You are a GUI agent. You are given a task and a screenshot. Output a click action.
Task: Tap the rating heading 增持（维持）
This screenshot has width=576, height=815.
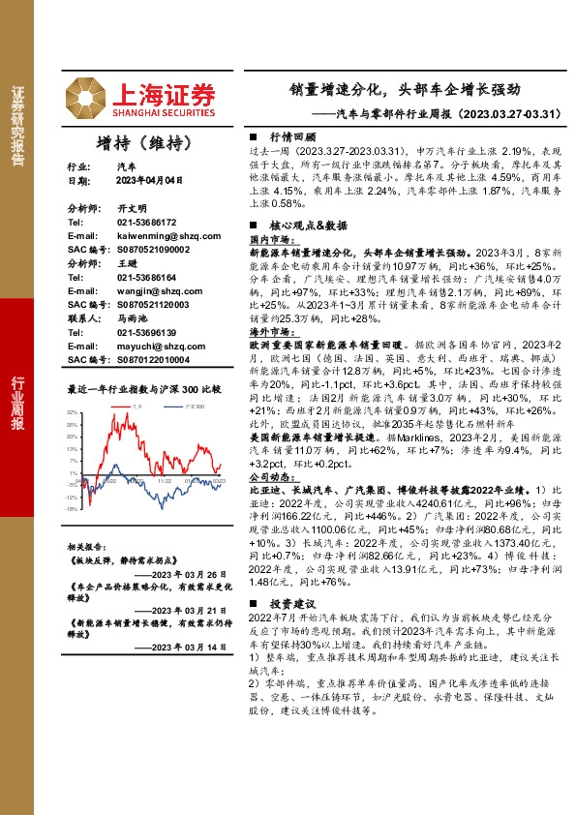tap(140, 142)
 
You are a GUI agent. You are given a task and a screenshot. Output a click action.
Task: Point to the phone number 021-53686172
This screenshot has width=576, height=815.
tap(138, 222)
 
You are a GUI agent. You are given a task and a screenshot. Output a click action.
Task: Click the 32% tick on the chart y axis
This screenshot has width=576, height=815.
tap(72, 411)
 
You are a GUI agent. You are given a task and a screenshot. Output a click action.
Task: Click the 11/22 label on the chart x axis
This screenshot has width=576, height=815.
tap(165, 479)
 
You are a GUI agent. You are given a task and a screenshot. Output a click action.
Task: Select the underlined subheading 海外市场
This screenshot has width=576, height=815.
tap(272, 331)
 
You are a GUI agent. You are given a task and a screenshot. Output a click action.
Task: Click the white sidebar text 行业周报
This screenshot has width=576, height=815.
tap(16, 407)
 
